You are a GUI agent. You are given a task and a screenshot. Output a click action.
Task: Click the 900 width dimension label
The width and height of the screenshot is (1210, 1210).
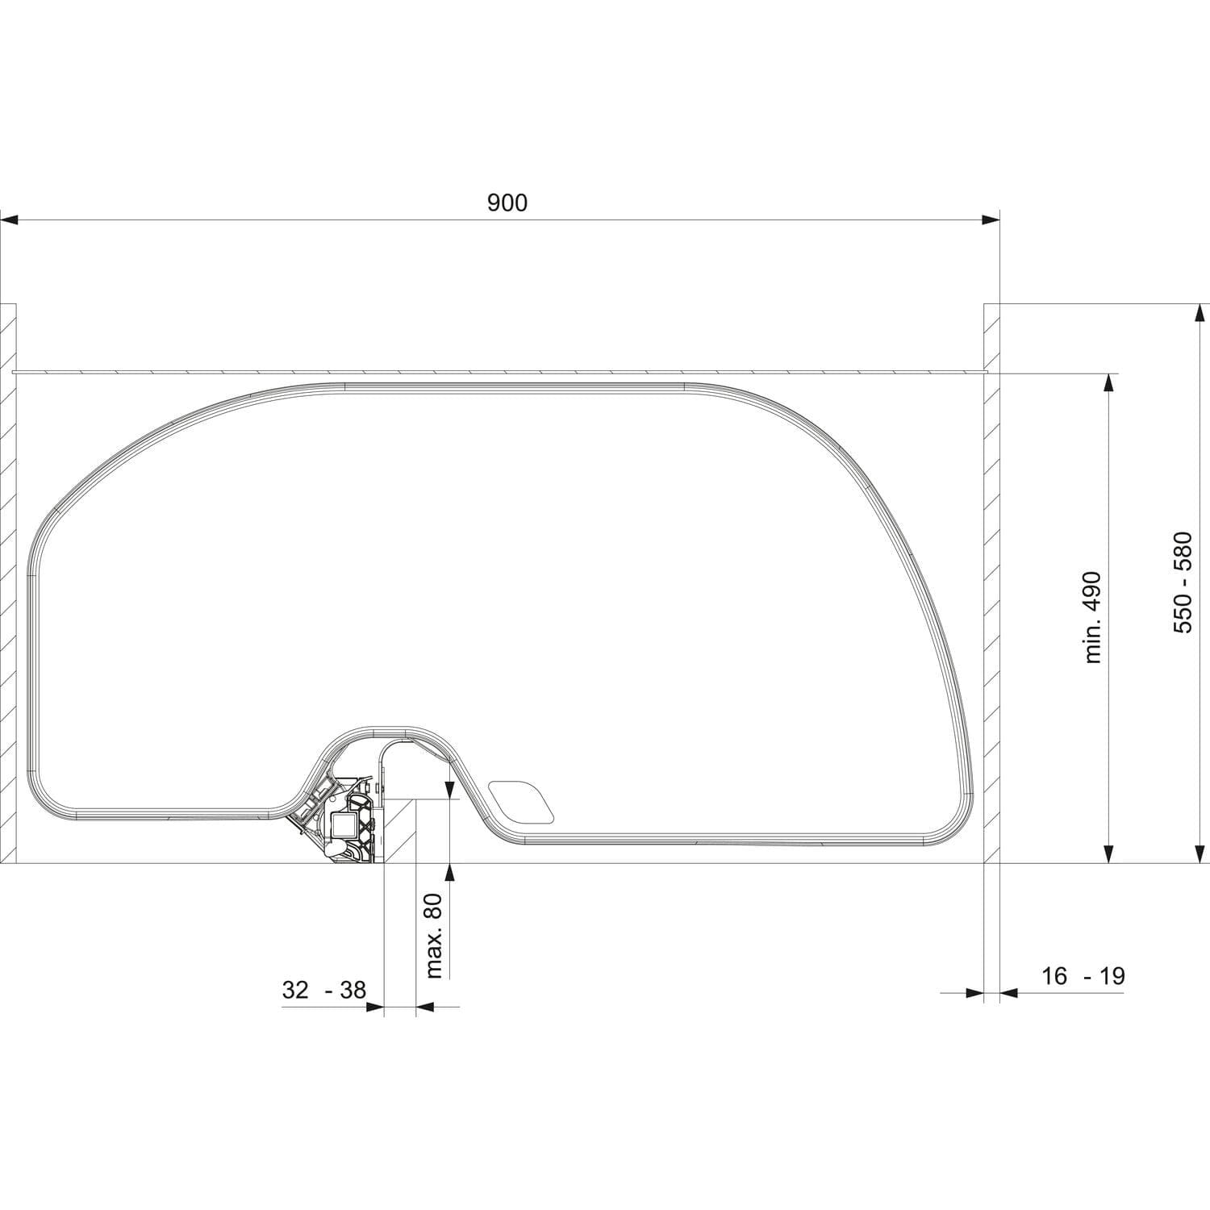507,202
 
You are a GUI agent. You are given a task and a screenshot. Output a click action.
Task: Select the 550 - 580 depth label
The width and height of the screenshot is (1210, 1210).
1183,582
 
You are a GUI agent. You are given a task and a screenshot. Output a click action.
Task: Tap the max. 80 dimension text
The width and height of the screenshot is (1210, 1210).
435,936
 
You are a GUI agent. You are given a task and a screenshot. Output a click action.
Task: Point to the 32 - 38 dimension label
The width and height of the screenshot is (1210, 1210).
324,990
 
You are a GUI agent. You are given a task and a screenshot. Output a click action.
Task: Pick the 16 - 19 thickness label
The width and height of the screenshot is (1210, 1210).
1083,976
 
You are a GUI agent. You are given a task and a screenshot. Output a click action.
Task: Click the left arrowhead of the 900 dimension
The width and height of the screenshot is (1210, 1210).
10,219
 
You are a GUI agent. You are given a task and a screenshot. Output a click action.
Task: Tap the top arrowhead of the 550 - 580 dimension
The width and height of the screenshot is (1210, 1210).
1199,314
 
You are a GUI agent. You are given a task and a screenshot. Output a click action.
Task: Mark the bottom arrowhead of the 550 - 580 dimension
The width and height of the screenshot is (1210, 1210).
1199,853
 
